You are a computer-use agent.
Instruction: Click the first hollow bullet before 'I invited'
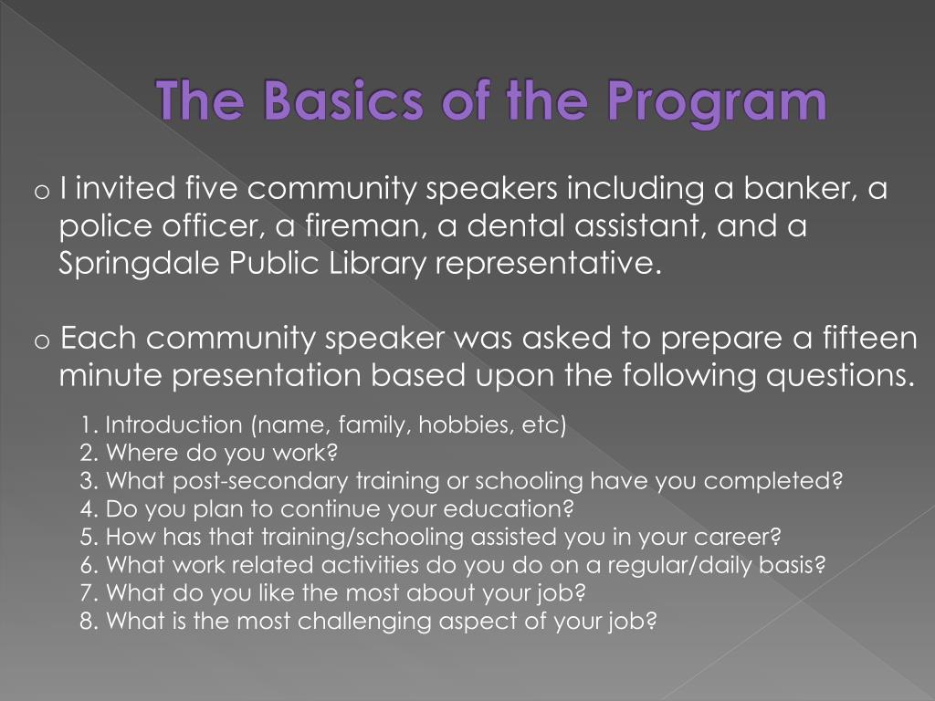[x=41, y=192]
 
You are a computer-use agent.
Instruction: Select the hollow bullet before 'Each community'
[x=41, y=341]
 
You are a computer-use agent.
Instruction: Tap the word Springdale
[x=139, y=264]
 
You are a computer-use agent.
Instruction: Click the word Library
[x=377, y=264]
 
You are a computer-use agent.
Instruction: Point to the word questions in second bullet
[x=840, y=376]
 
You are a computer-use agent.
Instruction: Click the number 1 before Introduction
[x=88, y=425]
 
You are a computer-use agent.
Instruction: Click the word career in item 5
[x=737, y=538]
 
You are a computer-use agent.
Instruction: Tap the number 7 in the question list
[x=89, y=593]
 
